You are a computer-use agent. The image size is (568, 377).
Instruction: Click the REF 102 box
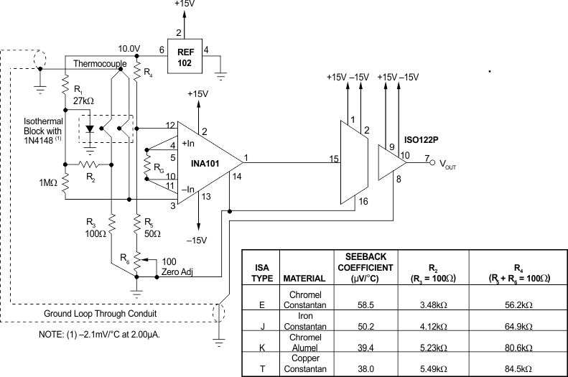185,56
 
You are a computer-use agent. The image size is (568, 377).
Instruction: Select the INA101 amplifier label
206,162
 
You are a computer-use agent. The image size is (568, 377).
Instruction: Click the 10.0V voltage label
129,48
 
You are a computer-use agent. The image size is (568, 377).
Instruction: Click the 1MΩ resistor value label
49,183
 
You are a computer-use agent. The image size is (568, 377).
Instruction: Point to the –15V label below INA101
197,239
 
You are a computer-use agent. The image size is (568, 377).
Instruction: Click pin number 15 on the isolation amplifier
333,159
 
